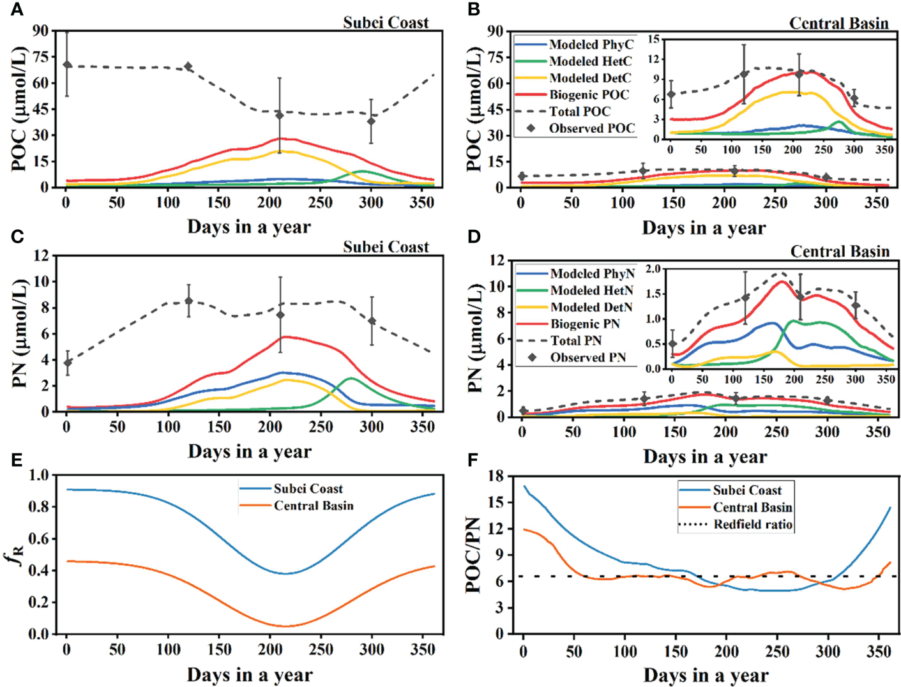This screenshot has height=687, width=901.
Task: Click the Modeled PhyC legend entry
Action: coord(591,45)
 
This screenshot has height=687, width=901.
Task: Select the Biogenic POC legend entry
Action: coord(589,95)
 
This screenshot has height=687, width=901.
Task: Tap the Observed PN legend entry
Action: coord(588,358)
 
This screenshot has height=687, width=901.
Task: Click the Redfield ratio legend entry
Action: coord(753,525)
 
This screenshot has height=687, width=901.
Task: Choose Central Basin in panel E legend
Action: coord(313,506)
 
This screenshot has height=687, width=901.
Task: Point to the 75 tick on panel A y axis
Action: coord(40,57)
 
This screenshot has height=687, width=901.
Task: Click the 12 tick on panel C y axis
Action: coord(42,255)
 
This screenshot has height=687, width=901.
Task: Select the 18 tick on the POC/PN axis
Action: coord(495,476)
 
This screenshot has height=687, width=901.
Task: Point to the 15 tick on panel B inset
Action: coord(653,40)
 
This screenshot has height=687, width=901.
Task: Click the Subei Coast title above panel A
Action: coord(386,23)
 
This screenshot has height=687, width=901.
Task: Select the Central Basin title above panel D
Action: coord(840,252)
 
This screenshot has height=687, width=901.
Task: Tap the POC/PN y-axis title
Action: coord(473,554)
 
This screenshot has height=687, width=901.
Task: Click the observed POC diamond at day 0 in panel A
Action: coord(67,65)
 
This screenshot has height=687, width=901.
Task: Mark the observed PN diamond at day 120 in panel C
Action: coord(188,301)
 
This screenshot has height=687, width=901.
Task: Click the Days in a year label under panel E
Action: coord(250,675)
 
